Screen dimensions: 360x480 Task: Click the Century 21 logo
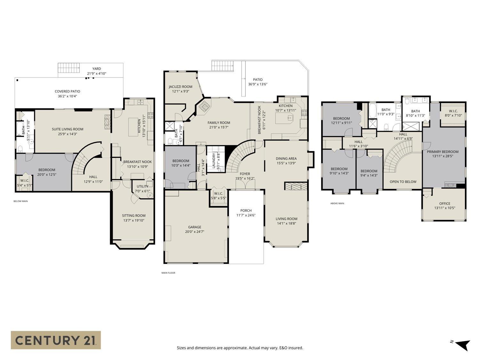point(56,340)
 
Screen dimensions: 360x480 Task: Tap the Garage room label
point(195,227)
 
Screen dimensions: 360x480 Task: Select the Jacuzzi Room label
point(180,87)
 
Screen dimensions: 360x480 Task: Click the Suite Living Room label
point(68,129)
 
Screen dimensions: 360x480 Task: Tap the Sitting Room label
point(133,216)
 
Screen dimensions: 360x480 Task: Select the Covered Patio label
point(67,92)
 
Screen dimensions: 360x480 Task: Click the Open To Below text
point(403,182)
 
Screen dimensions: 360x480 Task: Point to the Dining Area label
point(286,158)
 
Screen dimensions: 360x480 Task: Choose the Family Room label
point(219,123)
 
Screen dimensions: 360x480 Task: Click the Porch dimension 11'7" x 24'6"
point(246,215)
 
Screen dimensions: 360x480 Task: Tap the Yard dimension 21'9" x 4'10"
point(96,73)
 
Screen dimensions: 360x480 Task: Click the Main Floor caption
point(168,273)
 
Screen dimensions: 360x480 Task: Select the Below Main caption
point(21,201)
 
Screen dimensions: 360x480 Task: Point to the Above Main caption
point(337,203)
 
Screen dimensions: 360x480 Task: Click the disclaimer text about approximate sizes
point(240,348)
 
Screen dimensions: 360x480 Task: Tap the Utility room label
point(142,187)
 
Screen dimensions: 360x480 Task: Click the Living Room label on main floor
point(286,219)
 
